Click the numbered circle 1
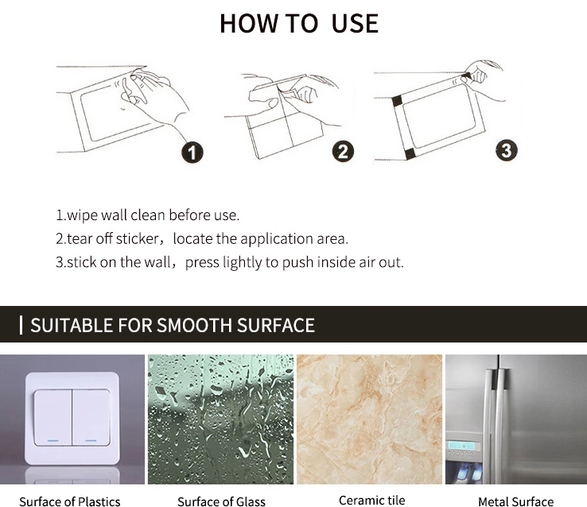[192, 153]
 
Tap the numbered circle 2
[343, 152]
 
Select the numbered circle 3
[507, 150]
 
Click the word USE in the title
[355, 24]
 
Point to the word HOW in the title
[249, 24]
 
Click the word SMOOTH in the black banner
[194, 325]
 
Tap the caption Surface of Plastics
[70, 501]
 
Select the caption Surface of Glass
[221, 501]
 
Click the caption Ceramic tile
[371, 500]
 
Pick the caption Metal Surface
[515, 501]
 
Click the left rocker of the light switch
[52, 417]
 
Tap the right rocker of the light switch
[91, 417]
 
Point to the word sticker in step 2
[137, 238]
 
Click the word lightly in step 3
[243, 262]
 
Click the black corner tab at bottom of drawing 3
[410, 154]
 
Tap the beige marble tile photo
[369, 419]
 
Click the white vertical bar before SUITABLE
[21, 325]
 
